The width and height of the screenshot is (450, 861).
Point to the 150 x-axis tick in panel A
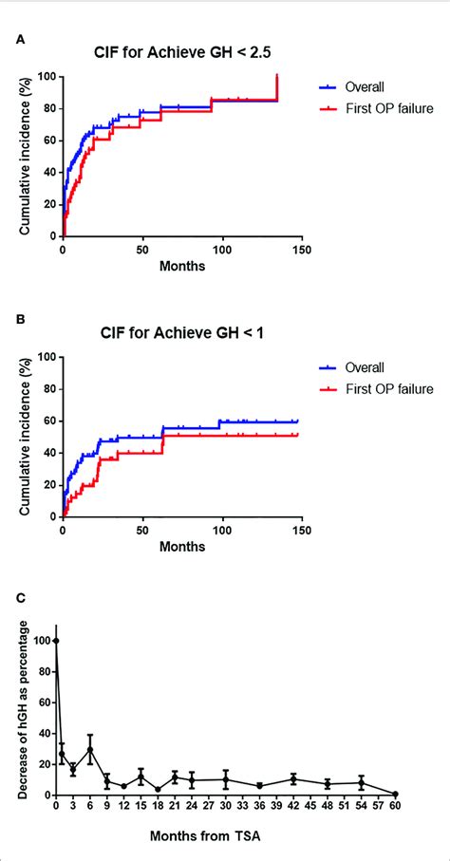(x=301, y=251)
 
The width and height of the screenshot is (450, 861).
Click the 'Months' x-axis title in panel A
(x=181, y=267)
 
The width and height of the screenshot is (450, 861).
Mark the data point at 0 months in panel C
(x=56, y=641)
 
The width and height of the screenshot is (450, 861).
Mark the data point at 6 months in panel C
(x=89, y=749)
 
